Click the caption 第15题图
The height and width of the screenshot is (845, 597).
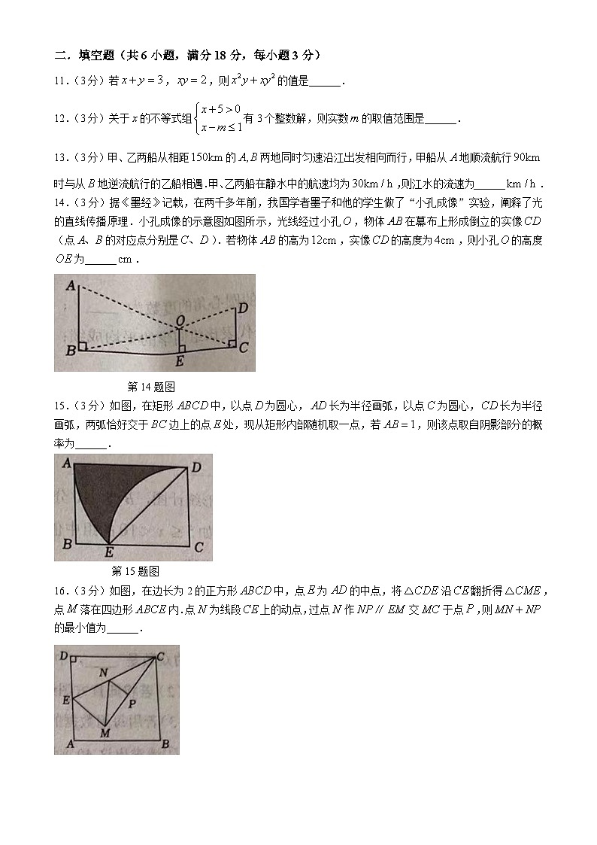[x=135, y=571]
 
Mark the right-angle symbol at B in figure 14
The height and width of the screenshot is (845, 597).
[x=82, y=346]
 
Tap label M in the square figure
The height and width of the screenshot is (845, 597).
[x=105, y=733]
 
